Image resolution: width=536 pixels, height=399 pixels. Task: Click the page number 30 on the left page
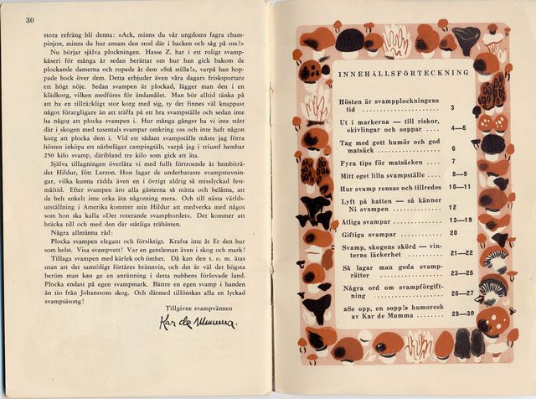click(30, 21)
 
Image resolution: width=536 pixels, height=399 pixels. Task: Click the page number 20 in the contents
click(453, 233)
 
